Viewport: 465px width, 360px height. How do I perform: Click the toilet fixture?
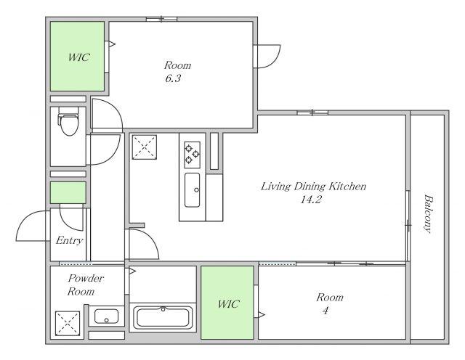[68, 121]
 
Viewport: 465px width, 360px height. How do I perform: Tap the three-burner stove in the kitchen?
[192, 155]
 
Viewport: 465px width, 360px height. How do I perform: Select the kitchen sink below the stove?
[192, 190]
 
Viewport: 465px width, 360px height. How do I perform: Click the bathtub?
[163, 317]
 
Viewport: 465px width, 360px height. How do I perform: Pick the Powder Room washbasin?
[106, 316]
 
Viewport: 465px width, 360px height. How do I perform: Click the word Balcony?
[427, 213]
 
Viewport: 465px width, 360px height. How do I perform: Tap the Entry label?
[70, 240]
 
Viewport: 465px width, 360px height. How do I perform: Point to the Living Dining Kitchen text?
[313, 187]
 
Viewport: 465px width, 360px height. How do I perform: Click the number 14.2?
[311, 200]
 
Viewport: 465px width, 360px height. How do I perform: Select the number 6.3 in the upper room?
[173, 78]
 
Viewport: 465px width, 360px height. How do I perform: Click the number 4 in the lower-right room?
[325, 310]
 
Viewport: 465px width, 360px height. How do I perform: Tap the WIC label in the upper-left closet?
[78, 57]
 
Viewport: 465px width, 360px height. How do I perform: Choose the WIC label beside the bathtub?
[228, 304]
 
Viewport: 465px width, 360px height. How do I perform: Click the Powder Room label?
[86, 285]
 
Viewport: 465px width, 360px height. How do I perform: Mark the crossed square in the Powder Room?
[68, 324]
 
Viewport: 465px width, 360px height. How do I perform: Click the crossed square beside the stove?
[145, 147]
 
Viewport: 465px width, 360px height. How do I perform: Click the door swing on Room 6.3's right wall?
[275, 60]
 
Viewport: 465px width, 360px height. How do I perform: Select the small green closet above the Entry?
[68, 192]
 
